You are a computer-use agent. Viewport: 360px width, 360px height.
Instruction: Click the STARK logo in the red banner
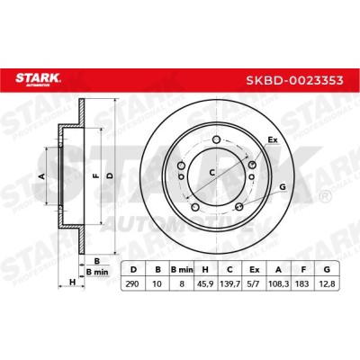tap(39, 79)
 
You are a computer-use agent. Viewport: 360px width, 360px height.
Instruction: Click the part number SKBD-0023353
tap(294, 80)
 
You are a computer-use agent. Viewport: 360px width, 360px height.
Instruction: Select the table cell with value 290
tap(132, 283)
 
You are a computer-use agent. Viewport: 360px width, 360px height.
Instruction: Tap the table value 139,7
tap(230, 283)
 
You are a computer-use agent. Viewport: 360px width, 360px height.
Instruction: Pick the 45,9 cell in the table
tap(206, 283)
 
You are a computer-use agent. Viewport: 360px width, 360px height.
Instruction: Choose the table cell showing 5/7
tap(255, 283)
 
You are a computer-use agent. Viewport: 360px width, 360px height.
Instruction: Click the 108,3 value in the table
tap(279, 283)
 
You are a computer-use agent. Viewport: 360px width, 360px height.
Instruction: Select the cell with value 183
tap(302, 283)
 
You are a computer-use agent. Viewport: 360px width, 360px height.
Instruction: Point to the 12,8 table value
tap(327, 283)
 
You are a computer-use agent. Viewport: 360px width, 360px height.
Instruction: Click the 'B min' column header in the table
tap(182, 269)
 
